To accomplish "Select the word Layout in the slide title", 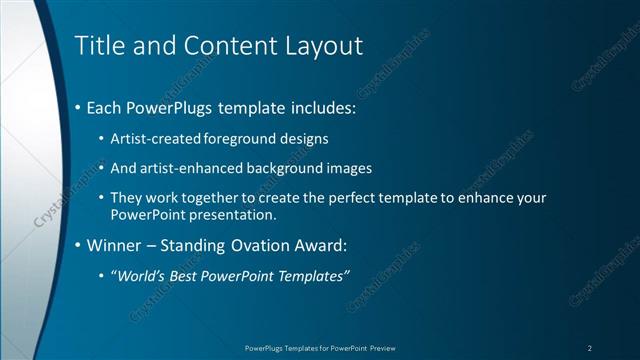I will point(323,45).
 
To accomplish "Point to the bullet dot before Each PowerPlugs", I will point(79,106).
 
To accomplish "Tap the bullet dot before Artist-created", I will point(103,138).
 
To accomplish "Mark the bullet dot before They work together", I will point(103,198).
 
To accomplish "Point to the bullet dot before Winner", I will point(79,245).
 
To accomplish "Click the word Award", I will point(329,244).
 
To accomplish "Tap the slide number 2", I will point(590,347).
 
